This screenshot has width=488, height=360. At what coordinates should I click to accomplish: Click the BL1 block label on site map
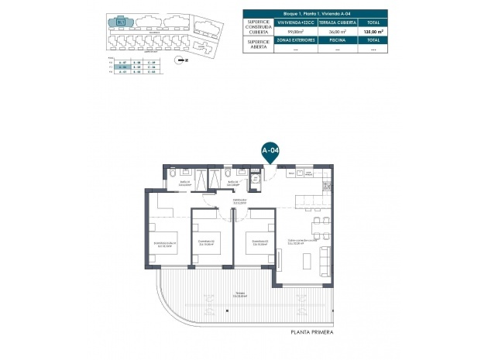[x=121, y=22]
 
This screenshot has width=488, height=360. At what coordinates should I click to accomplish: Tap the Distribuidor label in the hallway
[x=239, y=201]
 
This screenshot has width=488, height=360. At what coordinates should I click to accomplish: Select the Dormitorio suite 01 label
[x=164, y=247]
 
